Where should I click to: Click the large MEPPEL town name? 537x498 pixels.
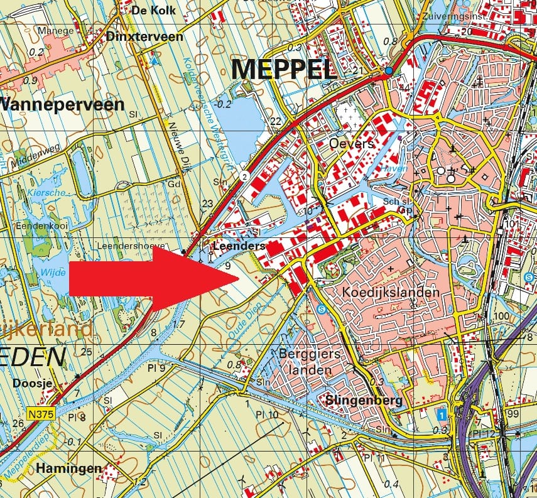click(284, 69)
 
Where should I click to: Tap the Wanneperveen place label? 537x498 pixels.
click(62, 104)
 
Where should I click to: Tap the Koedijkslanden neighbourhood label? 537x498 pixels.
click(390, 293)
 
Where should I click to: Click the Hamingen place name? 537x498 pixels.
click(68, 468)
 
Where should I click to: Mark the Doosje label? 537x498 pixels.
click(30, 381)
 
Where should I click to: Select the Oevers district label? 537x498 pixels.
click(351, 144)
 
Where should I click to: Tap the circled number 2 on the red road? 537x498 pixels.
click(243, 178)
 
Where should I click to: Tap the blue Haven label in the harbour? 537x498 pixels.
click(394, 168)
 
